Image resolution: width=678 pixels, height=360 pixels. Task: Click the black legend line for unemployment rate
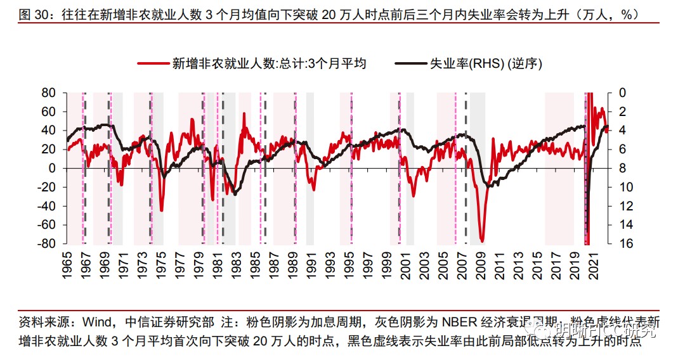tap(410, 63)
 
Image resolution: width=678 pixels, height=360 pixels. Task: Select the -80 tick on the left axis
tap(48, 244)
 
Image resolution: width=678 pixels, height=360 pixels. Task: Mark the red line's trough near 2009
tap(483, 241)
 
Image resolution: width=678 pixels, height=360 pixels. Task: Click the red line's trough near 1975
tap(162, 210)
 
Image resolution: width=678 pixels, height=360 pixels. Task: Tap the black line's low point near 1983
tap(235, 194)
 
